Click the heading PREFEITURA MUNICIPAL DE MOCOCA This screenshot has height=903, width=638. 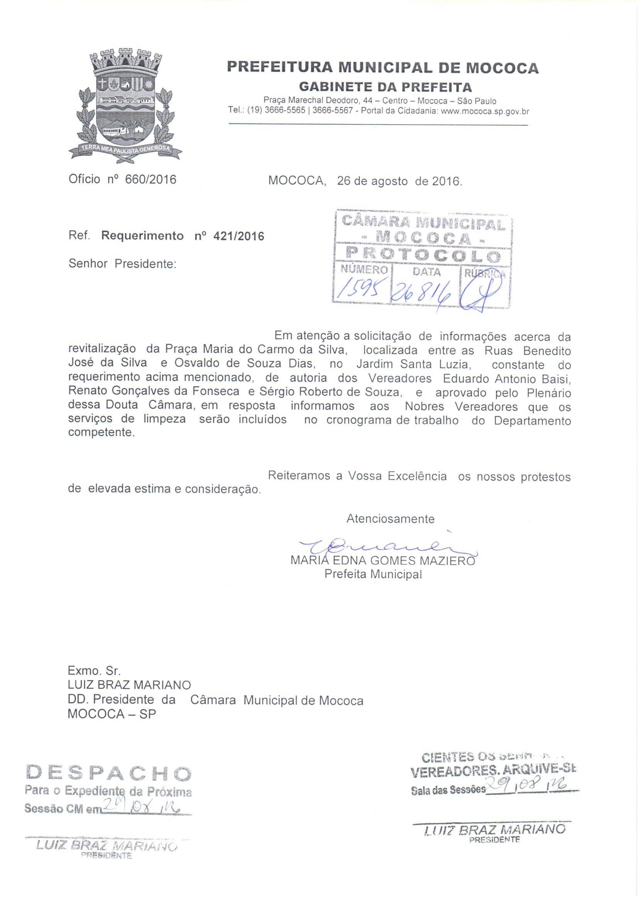382,68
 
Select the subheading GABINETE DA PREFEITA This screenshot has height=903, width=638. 385,87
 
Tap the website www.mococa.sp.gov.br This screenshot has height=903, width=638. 485,111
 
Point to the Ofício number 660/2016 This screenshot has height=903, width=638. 151,179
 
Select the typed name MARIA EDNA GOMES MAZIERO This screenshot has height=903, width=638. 382,560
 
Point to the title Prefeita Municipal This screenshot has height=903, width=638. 373,574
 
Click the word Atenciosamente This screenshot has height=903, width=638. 390,519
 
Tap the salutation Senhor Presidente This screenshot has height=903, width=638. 122,263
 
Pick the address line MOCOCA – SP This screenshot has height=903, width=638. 112,714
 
